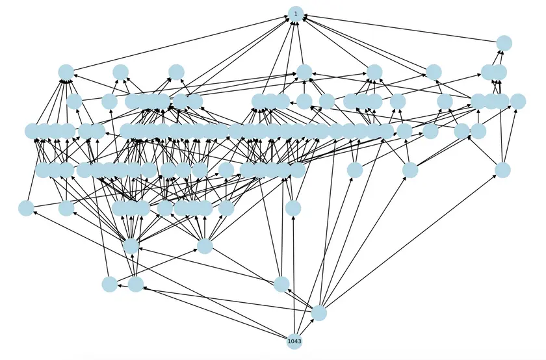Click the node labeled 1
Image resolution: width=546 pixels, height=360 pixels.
click(x=296, y=14)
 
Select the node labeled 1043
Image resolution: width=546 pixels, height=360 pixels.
click(x=294, y=341)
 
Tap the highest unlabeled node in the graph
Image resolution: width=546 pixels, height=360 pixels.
click(x=504, y=43)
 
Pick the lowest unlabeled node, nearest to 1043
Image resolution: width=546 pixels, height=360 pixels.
click(x=318, y=313)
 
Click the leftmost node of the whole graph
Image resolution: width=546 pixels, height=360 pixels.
click(x=26, y=208)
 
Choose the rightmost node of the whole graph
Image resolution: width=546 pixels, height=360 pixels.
click(x=518, y=101)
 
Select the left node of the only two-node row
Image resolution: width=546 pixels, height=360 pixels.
click(x=131, y=246)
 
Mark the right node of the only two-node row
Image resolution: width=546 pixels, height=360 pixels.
click(x=205, y=246)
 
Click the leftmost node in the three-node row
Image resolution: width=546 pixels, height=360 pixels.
click(x=110, y=284)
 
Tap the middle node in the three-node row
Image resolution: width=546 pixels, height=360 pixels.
click(x=136, y=284)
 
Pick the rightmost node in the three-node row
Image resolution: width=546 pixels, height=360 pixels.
click(x=281, y=284)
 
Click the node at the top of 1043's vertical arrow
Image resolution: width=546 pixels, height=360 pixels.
click(x=293, y=208)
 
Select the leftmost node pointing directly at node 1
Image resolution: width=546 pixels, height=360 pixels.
click(x=66, y=72)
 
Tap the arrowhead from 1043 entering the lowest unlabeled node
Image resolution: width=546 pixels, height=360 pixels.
click(x=313, y=319)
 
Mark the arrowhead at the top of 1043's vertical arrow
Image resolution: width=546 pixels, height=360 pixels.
click(x=294, y=218)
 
